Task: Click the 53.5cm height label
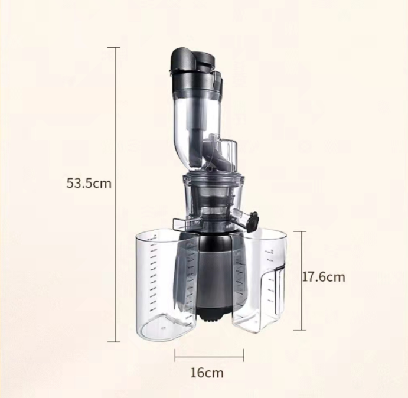[89, 183]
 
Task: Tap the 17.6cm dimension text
[324, 277]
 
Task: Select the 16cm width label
[207, 373]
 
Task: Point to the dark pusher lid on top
[192, 60]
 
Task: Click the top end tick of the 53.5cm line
[114, 48]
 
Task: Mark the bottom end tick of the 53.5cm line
[114, 341]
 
